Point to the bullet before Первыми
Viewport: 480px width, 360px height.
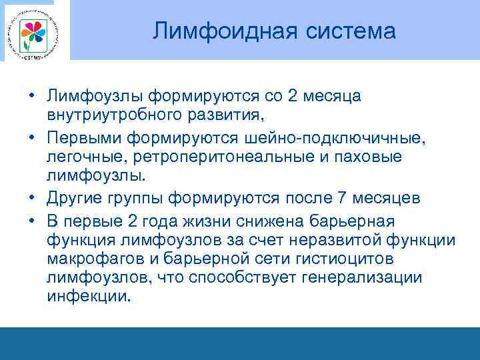32,137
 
